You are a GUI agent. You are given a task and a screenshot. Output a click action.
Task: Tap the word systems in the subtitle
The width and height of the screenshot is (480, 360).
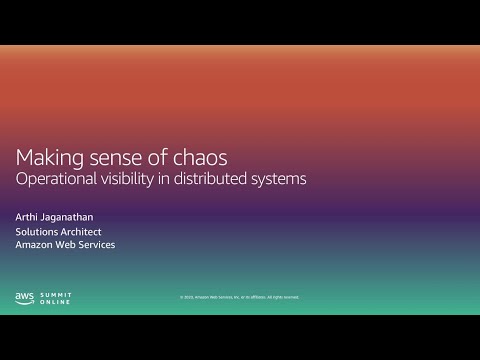[x=280, y=180]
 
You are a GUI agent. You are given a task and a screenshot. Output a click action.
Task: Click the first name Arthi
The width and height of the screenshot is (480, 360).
[x=27, y=215]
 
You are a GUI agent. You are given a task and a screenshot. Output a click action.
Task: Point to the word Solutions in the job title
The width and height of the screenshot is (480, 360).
[x=37, y=231]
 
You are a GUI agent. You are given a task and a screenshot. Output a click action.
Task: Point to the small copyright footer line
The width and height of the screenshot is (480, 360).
[x=239, y=297]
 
